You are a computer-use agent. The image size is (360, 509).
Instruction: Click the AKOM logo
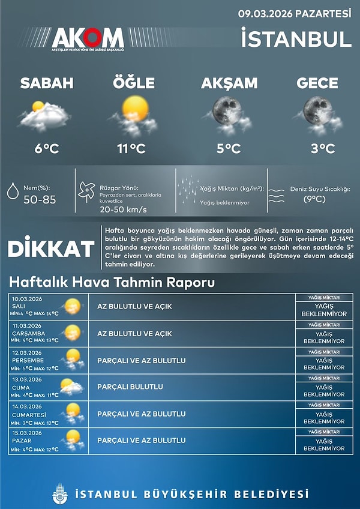click(88, 39)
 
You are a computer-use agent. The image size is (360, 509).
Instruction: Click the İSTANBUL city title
click(296, 39)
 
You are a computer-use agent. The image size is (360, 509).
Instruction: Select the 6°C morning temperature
click(46, 148)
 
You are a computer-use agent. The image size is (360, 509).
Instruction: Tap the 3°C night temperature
click(317, 148)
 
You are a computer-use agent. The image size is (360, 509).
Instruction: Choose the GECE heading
click(317, 83)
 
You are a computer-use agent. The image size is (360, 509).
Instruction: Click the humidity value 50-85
click(40, 200)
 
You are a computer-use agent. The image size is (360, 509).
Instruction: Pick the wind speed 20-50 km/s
click(123, 210)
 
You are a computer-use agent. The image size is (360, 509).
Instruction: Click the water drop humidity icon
click(11, 191)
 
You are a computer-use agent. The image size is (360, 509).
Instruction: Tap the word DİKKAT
click(51, 248)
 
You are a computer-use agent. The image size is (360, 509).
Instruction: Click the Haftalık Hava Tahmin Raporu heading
click(112, 282)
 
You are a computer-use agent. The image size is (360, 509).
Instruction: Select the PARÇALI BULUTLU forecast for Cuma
click(130, 387)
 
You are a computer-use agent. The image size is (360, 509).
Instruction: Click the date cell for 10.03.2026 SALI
click(36, 306)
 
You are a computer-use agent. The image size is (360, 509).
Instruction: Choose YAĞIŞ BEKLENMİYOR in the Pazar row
click(325, 445)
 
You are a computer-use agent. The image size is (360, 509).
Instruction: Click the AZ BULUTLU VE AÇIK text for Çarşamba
click(134, 333)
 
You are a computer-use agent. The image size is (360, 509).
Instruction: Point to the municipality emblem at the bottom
click(60, 493)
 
